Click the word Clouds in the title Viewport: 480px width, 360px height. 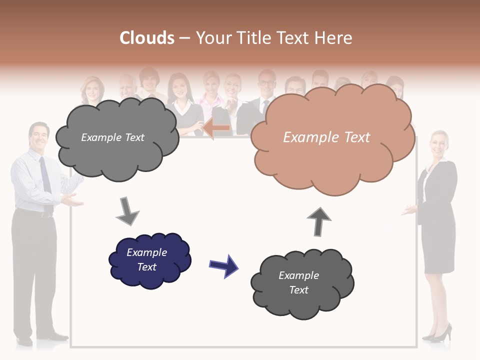point(147,38)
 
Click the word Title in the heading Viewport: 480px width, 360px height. point(252,38)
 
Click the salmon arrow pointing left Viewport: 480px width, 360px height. point(216,128)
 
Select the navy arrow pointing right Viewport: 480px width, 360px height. point(224,265)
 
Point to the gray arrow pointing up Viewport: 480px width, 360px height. point(319,221)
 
